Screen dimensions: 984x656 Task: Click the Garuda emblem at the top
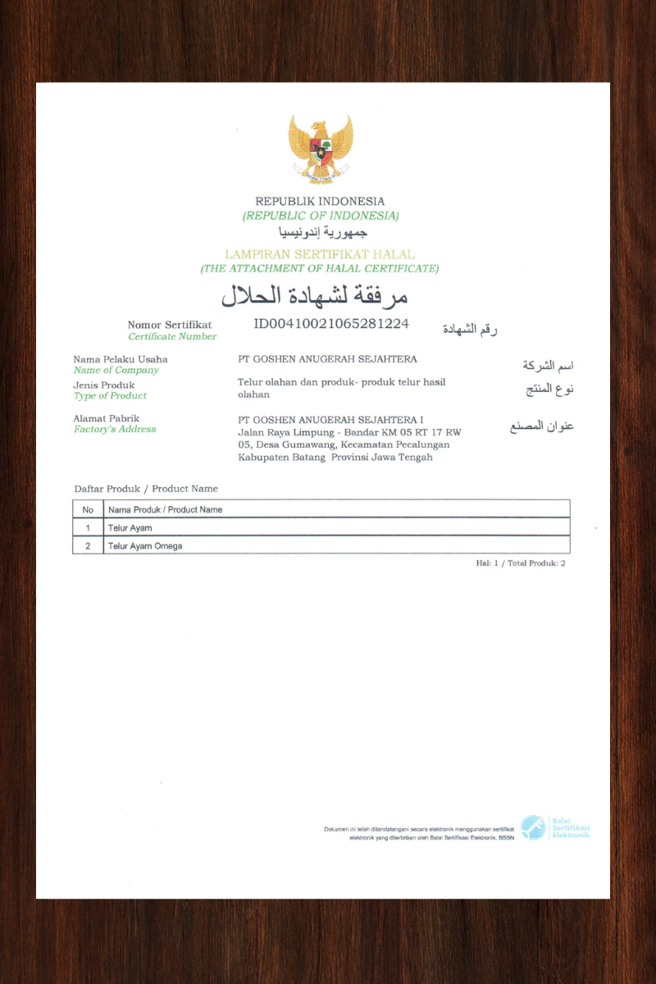pyautogui.click(x=320, y=148)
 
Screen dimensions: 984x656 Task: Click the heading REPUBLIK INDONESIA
pyautogui.click(x=320, y=201)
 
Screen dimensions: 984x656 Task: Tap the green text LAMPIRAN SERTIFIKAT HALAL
pyautogui.click(x=320, y=254)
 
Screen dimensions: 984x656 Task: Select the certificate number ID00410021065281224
pyautogui.click(x=331, y=323)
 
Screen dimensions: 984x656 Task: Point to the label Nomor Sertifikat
pyautogui.click(x=170, y=325)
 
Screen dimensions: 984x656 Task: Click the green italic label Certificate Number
pyautogui.click(x=172, y=336)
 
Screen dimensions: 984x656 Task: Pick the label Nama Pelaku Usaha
pyautogui.click(x=121, y=359)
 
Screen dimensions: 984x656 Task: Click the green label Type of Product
pyautogui.click(x=110, y=395)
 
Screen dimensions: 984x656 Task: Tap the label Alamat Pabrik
pyautogui.click(x=107, y=418)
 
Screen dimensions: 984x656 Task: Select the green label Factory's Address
pyautogui.click(x=115, y=429)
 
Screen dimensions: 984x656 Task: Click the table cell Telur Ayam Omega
pyautogui.click(x=145, y=545)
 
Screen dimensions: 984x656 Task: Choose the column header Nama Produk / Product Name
pyautogui.click(x=166, y=509)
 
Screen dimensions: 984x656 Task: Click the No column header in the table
pyautogui.click(x=88, y=509)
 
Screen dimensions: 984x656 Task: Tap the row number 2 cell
pyautogui.click(x=88, y=545)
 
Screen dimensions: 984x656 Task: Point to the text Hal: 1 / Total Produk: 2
pyautogui.click(x=521, y=563)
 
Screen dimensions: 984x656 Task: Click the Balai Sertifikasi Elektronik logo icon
pyautogui.click(x=533, y=827)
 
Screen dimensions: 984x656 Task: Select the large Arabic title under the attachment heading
pyautogui.click(x=315, y=295)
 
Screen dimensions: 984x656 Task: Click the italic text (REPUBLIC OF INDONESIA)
pyautogui.click(x=321, y=216)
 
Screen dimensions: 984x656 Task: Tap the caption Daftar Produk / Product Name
pyautogui.click(x=146, y=489)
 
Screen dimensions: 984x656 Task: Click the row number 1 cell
pyautogui.click(x=88, y=527)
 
